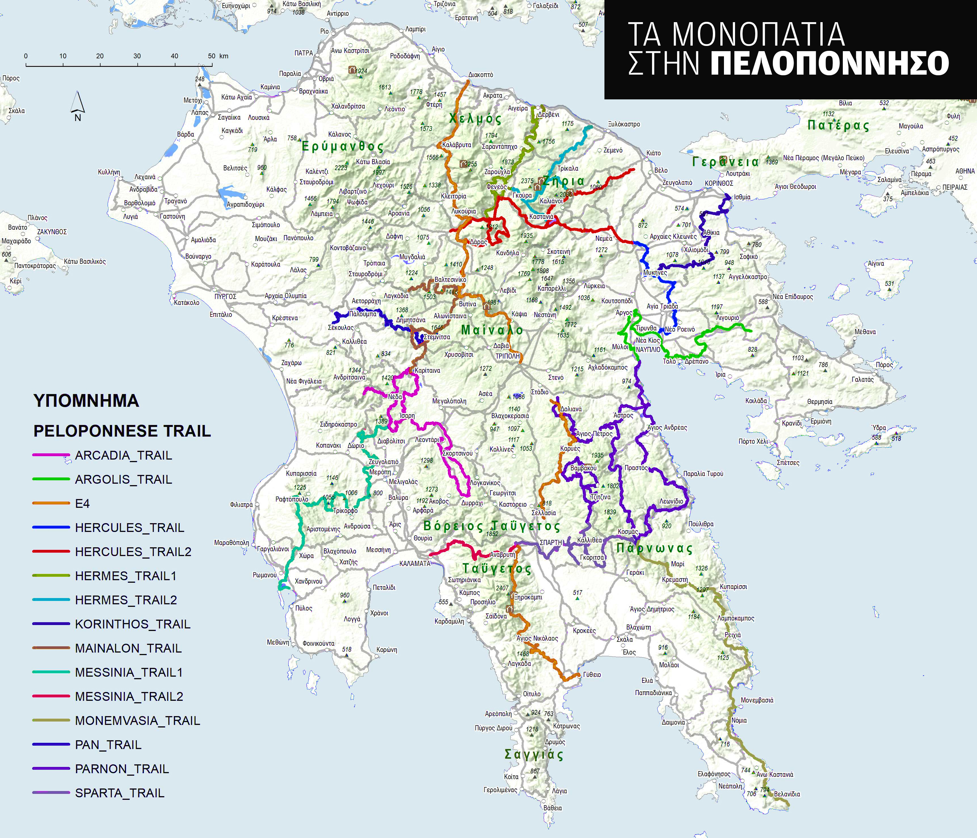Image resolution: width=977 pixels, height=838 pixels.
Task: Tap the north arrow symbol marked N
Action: coord(78,107)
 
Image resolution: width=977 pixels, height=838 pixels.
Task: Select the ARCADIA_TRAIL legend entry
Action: coord(123,455)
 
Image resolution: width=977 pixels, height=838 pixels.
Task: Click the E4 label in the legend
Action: coord(82,503)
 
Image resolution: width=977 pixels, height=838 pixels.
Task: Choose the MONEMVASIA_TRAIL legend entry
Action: coord(137,720)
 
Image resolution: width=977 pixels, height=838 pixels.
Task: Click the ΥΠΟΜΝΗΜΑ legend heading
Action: coord(86,401)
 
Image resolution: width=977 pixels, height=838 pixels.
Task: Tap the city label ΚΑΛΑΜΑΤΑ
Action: coord(415,563)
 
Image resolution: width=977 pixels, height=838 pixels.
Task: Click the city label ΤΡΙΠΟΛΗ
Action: coord(507,356)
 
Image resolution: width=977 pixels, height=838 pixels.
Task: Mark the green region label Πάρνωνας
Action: coord(655,548)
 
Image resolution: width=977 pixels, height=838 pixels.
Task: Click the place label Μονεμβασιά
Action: coord(757,700)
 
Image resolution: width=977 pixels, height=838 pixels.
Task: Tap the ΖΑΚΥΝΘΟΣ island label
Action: coord(52,232)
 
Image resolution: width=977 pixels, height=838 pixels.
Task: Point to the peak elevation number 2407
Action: coord(502,588)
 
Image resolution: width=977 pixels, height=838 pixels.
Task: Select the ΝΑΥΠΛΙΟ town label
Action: coord(648,350)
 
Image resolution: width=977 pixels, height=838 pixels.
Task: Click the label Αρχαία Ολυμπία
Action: coord(285,296)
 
